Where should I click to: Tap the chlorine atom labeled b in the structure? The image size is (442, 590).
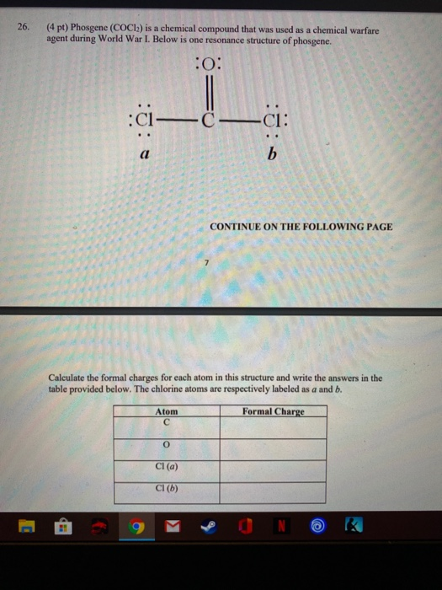point(275,125)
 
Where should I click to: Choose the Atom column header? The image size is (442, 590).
point(167,411)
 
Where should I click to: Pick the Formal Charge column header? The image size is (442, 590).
point(273,411)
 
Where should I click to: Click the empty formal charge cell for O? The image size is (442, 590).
point(273,448)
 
